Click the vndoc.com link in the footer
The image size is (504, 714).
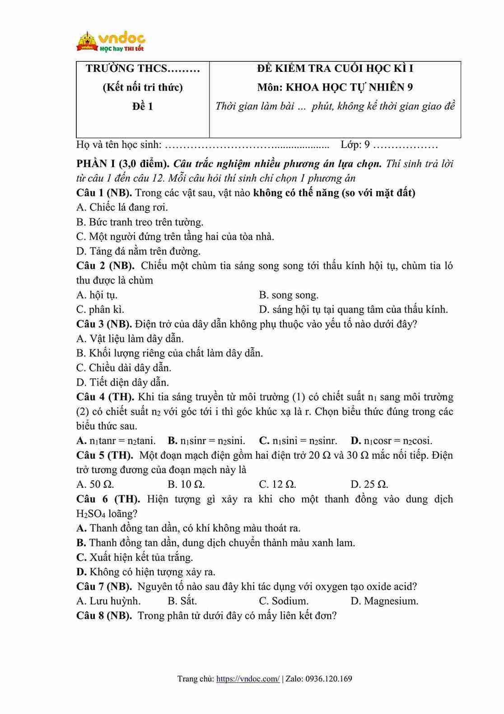pos(248,678)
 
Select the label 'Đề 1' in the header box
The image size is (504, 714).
pos(142,106)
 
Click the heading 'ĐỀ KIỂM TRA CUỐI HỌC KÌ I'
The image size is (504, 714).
pos(335,68)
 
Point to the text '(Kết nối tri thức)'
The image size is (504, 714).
pos(142,87)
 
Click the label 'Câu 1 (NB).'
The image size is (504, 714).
pos(104,193)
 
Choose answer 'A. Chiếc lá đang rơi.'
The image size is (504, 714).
pos(122,207)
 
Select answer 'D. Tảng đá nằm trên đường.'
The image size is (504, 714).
pos(139,251)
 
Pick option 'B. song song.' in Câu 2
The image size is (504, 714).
pos(289,295)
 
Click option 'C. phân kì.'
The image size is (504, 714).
pos(100,310)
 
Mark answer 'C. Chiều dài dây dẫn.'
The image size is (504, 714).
pos(124,367)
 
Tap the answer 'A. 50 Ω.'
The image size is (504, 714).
pos(95,484)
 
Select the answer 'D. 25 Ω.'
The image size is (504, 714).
pos(369,484)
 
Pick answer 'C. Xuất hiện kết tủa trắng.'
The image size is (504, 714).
pos(135,557)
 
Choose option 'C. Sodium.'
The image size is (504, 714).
pos(284,601)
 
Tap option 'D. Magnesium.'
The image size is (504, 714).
pos(384,601)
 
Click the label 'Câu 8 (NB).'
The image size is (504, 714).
pos(104,615)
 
